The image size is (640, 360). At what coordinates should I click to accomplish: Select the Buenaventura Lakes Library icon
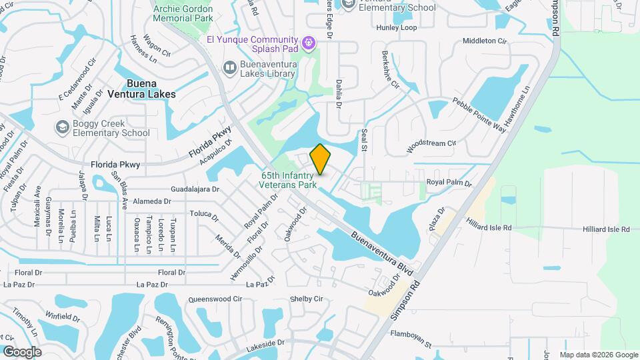[229, 67]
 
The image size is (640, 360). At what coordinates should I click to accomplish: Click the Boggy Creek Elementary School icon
[62, 127]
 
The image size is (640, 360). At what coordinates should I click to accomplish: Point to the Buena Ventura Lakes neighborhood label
[142, 89]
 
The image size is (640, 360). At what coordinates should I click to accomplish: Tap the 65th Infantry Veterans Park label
[288, 180]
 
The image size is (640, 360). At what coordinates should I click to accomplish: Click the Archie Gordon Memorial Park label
[183, 13]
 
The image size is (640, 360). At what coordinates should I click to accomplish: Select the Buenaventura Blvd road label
[382, 253]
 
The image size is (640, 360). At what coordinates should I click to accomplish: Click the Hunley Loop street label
[396, 28]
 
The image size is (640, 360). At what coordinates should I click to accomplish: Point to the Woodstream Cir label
[431, 143]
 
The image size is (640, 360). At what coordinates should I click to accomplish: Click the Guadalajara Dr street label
[195, 189]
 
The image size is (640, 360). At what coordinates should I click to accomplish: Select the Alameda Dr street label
[153, 201]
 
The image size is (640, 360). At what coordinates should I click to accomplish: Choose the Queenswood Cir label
[215, 299]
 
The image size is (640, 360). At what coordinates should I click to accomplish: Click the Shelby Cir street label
[306, 299]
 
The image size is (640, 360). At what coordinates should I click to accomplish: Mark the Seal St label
[365, 140]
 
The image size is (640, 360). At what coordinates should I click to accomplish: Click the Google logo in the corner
[22, 351]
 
